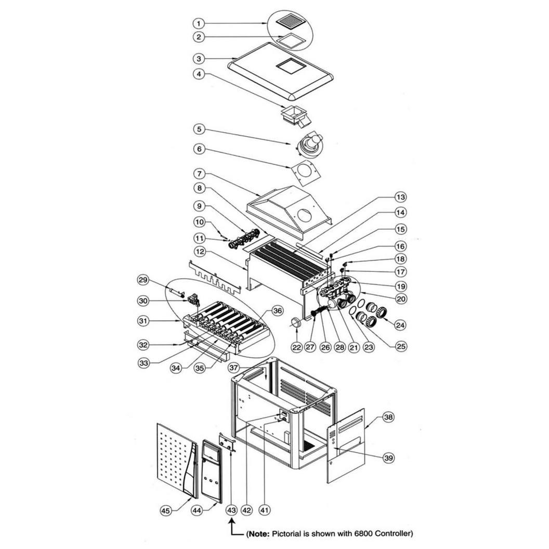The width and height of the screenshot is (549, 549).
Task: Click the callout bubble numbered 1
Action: (x=199, y=23)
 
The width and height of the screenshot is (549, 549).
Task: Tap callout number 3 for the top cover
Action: (x=199, y=58)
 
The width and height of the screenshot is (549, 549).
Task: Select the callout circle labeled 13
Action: (x=401, y=197)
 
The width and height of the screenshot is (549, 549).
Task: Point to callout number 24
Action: (x=400, y=325)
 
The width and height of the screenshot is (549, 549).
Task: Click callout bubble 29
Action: (x=143, y=280)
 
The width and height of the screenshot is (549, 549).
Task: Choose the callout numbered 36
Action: (x=278, y=310)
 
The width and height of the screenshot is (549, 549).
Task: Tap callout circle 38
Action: (x=389, y=417)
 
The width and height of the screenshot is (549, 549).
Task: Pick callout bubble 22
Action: (x=297, y=347)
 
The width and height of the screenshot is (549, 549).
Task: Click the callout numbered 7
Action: (x=199, y=173)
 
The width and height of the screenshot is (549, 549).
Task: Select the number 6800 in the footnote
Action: (x=363, y=533)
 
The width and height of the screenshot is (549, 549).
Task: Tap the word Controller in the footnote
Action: (x=394, y=533)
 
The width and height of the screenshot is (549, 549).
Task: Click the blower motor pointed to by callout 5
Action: (x=309, y=144)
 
